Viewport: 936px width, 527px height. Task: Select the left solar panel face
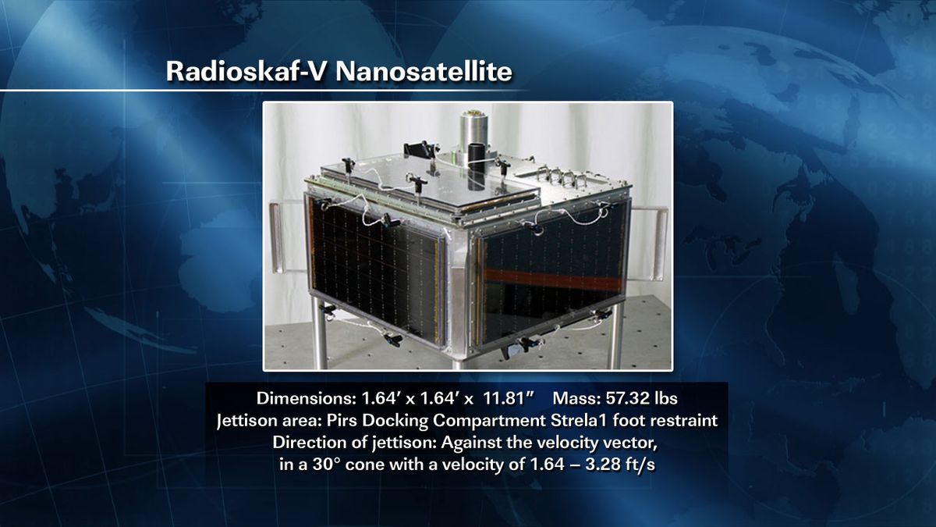tap(374, 269)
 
